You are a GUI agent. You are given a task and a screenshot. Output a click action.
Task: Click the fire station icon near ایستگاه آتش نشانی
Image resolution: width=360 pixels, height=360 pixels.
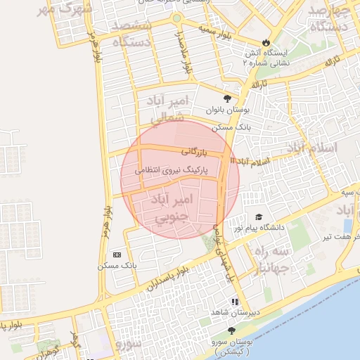tap(266, 41)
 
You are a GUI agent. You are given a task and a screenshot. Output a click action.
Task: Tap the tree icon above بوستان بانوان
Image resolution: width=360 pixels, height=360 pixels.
tap(226, 98)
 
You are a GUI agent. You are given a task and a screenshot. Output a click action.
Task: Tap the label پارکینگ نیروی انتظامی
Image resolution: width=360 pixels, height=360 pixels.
tap(174, 169)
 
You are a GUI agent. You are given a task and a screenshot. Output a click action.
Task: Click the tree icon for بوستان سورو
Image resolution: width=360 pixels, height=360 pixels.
tap(231, 330)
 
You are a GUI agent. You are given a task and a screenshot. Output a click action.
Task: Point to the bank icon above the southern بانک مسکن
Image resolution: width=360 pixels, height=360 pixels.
tap(117, 254)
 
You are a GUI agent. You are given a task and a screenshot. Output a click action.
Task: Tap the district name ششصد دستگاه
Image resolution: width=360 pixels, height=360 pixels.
tap(129, 34)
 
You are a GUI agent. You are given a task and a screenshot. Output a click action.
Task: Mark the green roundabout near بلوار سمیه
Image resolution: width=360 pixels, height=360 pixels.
tap(176, 18)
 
